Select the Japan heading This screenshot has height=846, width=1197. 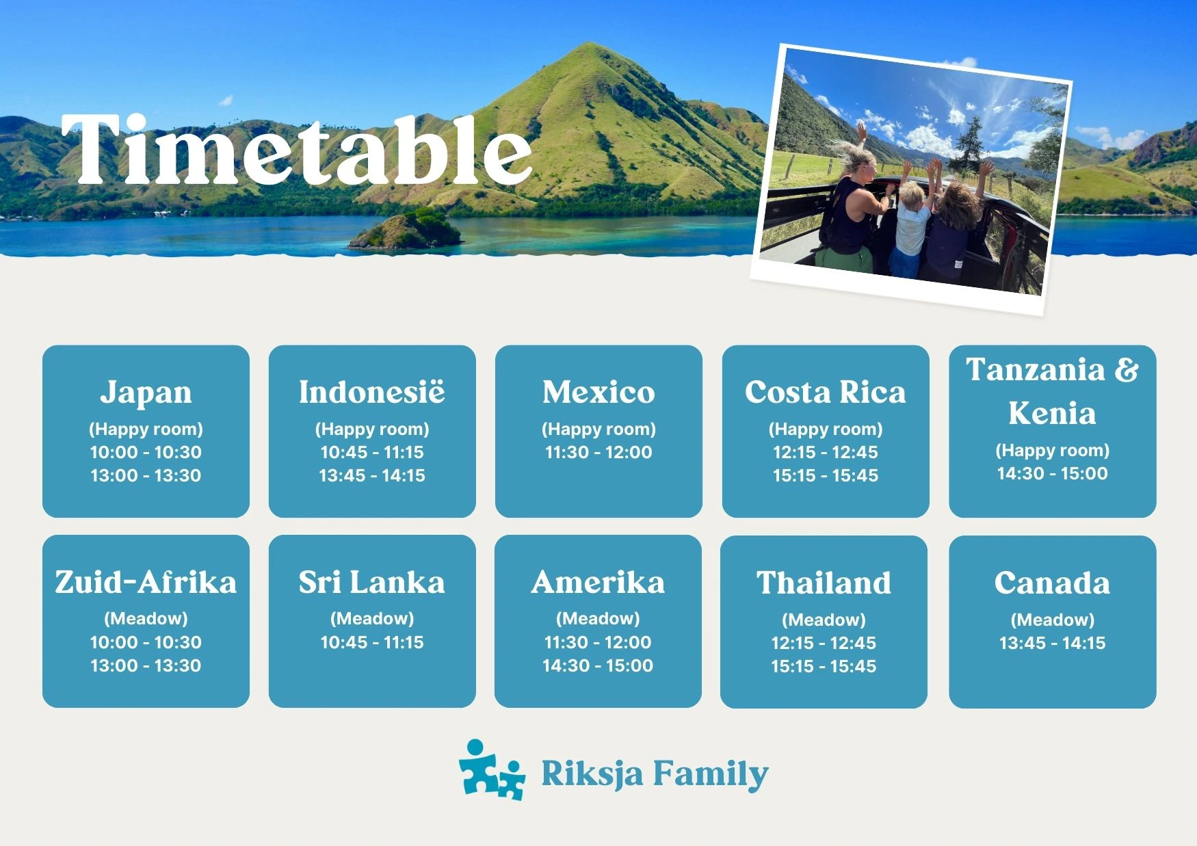(x=146, y=393)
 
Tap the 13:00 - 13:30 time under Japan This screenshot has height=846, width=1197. (x=146, y=475)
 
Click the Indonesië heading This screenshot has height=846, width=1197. (x=372, y=393)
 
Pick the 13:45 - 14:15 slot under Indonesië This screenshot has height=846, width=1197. (x=372, y=475)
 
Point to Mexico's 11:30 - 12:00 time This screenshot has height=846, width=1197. (x=598, y=452)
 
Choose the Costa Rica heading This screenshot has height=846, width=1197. (x=825, y=393)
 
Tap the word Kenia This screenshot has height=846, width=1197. (x=1052, y=413)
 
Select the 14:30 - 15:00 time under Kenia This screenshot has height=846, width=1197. (x=1052, y=473)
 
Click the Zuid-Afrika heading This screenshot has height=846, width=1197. (x=146, y=582)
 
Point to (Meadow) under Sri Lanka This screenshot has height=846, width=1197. (x=372, y=619)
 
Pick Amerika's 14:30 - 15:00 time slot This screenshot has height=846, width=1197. (x=598, y=665)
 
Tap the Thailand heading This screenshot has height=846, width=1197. (x=824, y=583)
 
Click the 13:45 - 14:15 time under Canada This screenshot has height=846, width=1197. (x=1052, y=643)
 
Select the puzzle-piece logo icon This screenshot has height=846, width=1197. (x=491, y=771)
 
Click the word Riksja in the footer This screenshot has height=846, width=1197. (x=592, y=774)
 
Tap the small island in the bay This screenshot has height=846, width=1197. (x=407, y=230)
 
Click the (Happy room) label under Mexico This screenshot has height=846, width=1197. (x=598, y=429)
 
